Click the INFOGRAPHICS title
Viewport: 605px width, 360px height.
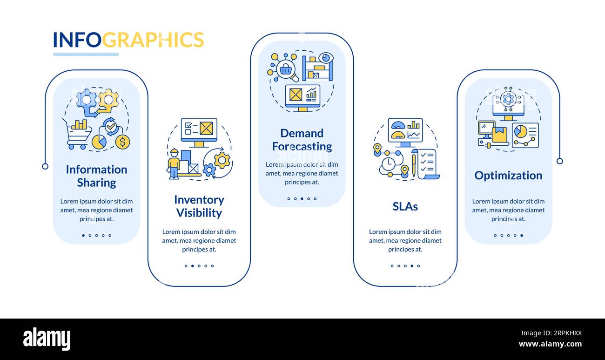(128, 40)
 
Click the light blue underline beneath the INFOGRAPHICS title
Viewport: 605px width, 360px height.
(86, 54)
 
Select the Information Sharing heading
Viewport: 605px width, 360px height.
(96, 176)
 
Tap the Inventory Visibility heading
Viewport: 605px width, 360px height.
(199, 206)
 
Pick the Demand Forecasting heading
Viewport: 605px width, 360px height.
(302, 140)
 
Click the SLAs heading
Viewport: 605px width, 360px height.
(405, 206)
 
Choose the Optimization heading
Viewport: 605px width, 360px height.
(508, 176)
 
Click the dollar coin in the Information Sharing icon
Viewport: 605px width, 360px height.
(122, 142)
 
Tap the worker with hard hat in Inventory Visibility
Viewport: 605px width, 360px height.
(174, 164)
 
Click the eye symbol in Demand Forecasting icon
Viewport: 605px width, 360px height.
(326, 58)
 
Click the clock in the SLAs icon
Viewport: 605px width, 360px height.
(388, 163)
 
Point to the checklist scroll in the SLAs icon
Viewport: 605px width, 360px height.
(426, 164)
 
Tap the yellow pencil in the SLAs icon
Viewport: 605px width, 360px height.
(414, 165)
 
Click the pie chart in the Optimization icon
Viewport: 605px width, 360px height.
(520, 131)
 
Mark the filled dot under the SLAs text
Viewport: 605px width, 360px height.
(412, 266)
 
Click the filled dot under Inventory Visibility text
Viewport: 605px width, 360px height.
(193, 266)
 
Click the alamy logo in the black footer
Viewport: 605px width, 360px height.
(47, 339)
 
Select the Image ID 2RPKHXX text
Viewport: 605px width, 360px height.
(551, 333)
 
